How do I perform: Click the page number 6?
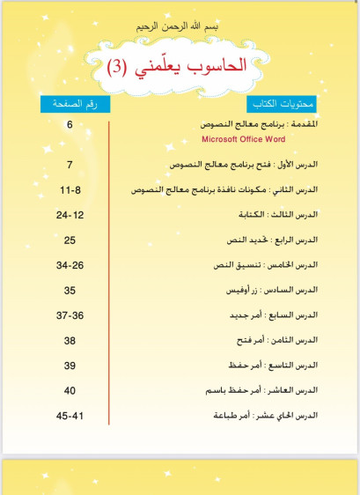pos(70,125)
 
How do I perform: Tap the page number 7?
pos(70,165)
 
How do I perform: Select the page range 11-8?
pos(70,189)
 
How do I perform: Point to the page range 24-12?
pos(70,215)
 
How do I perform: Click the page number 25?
pos(70,240)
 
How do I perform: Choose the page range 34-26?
pos(70,265)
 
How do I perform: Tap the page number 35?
pos(70,290)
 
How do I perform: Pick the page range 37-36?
pos(70,315)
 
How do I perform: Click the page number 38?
pos(70,340)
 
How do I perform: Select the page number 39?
pos(70,366)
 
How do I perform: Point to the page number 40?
pos(70,390)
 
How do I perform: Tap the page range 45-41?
pos(70,415)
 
